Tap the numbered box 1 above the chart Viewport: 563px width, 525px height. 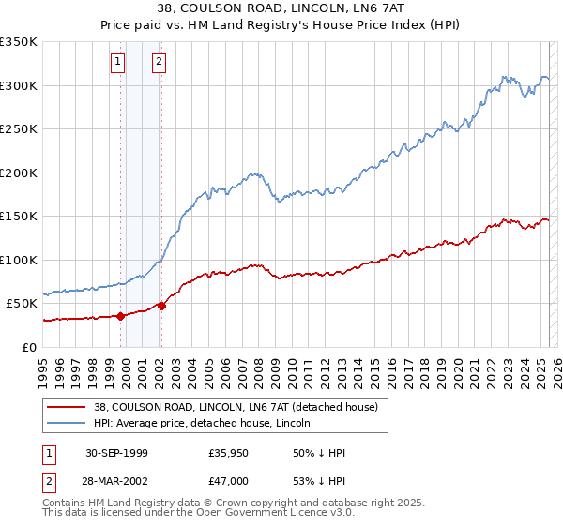(118, 63)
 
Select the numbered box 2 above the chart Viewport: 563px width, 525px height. (160, 63)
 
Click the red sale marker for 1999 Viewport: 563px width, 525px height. (121, 316)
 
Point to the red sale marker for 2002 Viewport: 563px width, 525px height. (162, 306)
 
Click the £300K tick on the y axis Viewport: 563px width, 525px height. (19, 85)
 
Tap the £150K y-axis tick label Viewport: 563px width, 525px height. (19, 216)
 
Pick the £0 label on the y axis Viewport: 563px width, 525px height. (29, 347)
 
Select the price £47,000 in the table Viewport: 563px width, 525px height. (229, 479)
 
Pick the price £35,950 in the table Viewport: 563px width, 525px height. (229, 453)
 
